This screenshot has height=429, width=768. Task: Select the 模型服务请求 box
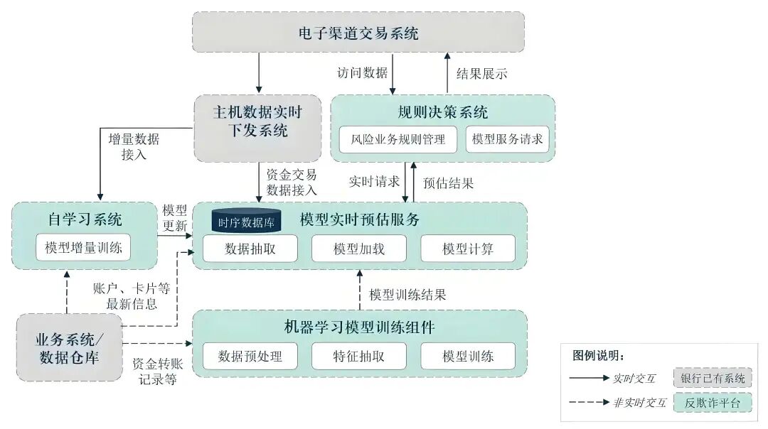[x=507, y=139]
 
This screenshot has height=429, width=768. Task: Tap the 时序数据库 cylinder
[x=247, y=222]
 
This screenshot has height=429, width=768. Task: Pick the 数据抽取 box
[x=250, y=249]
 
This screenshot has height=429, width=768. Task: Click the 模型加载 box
[x=359, y=249]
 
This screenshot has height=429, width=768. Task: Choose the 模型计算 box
[x=467, y=249]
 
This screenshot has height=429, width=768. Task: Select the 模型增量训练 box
[x=83, y=248]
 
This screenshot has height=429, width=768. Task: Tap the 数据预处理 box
[x=250, y=356]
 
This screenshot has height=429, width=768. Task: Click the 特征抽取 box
[x=359, y=356]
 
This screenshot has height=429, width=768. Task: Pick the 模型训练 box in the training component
[x=467, y=356]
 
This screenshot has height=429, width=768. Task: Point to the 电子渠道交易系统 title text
[x=358, y=33]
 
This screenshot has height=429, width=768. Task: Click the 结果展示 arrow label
[x=481, y=73]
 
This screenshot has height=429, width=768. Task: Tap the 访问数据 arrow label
[x=363, y=73]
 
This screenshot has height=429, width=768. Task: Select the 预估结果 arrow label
[x=448, y=183]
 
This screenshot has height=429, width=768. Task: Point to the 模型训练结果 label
[x=407, y=294]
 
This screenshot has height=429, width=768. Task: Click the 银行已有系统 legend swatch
[x=713, y=379]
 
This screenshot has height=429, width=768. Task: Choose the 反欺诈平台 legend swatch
[x=713, y=403]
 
